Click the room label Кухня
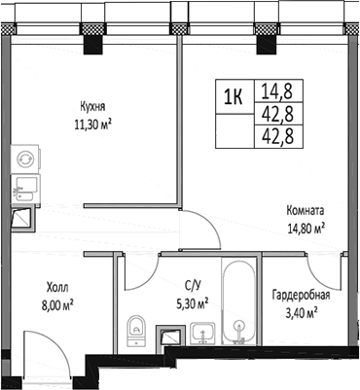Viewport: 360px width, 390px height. (92, 108)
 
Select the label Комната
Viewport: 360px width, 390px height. (305, 210)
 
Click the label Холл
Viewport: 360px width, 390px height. (59, 288)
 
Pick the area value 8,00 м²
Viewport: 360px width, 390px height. (59, 303)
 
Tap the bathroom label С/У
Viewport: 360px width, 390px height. (193, 286)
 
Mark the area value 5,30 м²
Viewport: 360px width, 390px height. (192, 301)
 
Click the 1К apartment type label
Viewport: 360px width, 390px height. (234, 96)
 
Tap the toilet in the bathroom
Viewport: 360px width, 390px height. (136, 327)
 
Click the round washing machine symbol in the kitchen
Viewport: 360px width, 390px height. (23, 158)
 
